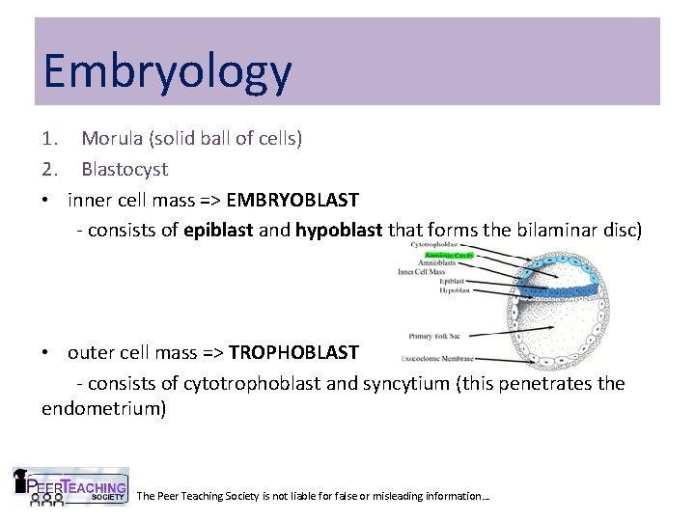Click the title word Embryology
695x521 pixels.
[166, 72]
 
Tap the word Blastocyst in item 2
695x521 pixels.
[125, 169]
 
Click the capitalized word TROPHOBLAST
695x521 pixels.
[293, 352]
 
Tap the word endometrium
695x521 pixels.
[103, 408]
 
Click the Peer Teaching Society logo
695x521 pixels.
[70, 487]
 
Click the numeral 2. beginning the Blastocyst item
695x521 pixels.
[50, 169]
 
